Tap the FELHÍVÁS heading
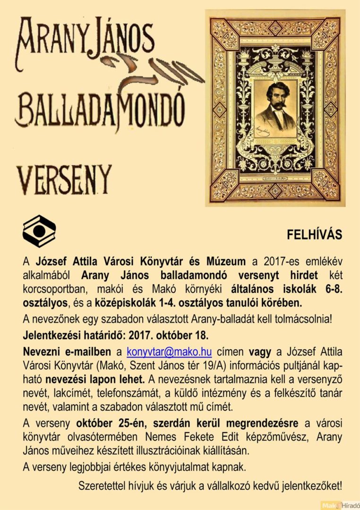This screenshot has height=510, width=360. coord(314,235)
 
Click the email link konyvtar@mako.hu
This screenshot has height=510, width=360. coord(169,352)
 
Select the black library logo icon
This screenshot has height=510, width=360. coord(39,231)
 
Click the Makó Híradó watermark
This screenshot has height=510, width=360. coord(340,505)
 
